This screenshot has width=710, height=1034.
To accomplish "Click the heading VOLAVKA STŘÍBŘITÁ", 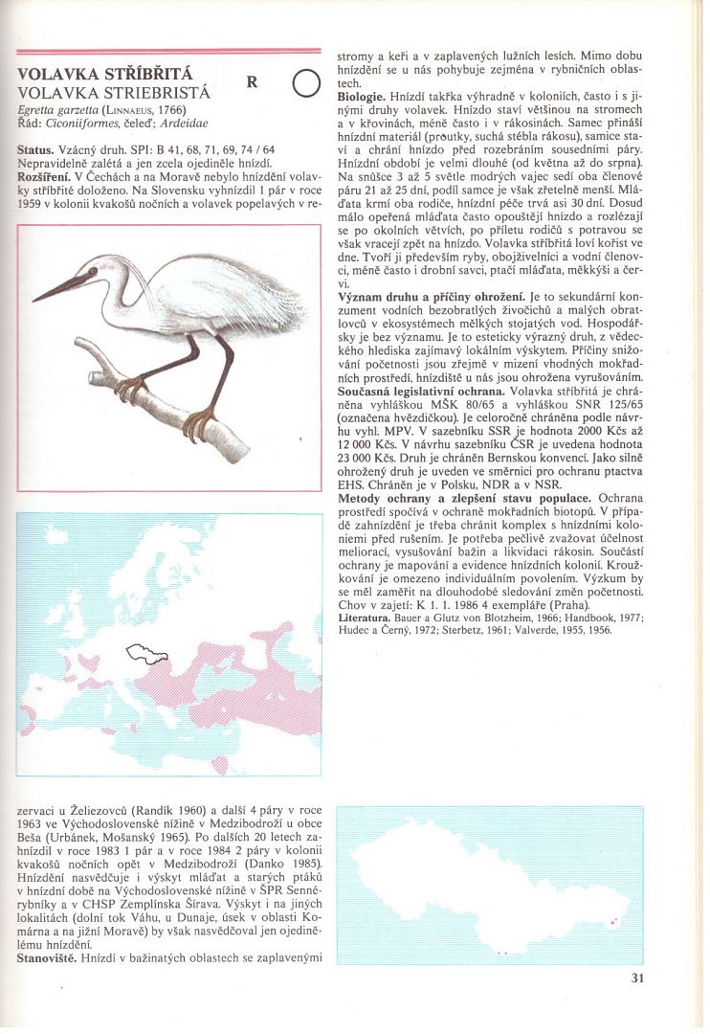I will coord(105,76).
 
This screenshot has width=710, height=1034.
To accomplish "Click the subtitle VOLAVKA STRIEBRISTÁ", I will coord(113,93).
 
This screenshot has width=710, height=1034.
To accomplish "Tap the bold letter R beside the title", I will coord(252,82).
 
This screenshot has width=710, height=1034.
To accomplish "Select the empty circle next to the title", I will coord(304,85).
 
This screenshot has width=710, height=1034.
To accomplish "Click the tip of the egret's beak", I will coord(33,299).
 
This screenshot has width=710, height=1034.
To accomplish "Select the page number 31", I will coord(638,978).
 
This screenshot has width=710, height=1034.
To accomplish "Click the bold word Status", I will coord(34,151).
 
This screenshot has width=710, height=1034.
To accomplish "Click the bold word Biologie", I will coord(361,98).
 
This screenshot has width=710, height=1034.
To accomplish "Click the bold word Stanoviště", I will coord(46,957).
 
